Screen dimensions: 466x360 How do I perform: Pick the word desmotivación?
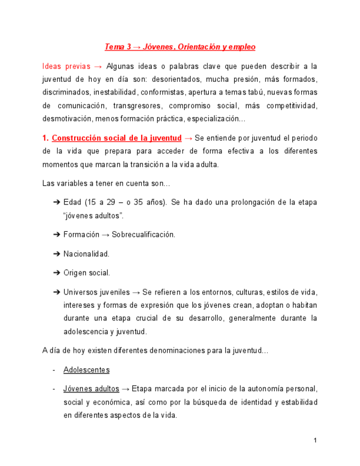(x=67, y=119)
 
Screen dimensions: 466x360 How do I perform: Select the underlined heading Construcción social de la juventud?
(x=117, y=138)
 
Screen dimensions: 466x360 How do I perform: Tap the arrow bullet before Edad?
(x=57, y=203)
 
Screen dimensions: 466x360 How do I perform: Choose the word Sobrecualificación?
(x=143, y=235)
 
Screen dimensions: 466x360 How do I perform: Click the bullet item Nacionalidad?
(x=86, y=254)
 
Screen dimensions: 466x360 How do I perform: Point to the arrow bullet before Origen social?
(x=57, y=273)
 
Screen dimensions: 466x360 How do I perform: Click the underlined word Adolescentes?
(x=86, y=370)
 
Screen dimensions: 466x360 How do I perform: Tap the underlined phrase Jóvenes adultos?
(x=91, y=389)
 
